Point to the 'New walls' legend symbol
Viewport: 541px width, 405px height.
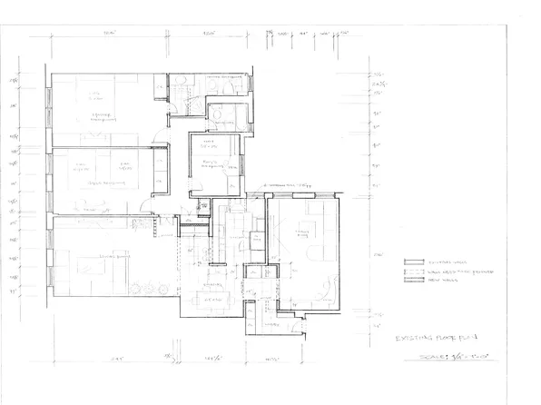point(409,281)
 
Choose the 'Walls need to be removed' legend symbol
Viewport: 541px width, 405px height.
point(409,271)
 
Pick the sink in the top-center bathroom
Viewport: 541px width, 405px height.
point(181,84)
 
